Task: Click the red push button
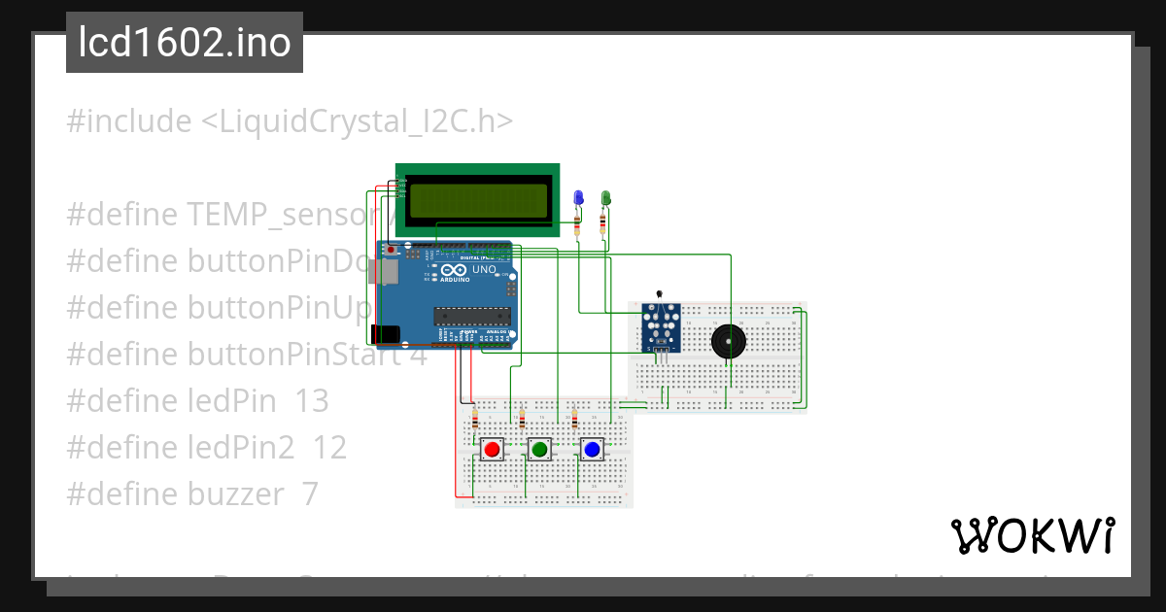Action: pyautogui.click(x=492, y=449)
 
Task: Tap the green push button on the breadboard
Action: pyautogui.click(x=539, y=449)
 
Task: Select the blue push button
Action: pyautogui.click(x=591, y=449)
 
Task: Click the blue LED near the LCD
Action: pyautogui.click(x=579, y=199)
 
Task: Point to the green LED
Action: pyautogui.click(x=605, y=199)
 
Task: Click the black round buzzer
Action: pyautogui.click(x=728, y=341)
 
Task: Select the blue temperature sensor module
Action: pyautogui.click(x=661, y=326)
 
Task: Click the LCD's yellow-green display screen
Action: pyautogui.click(x=477, y=200)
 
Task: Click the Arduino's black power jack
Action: pyautogui.click(x=386, y=333)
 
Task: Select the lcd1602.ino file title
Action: pyautogui.click(x=185, y=43)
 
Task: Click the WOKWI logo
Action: pyautogui.click(x=1032, y=535)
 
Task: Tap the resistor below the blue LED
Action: pyautogui.click(x=579, y=225)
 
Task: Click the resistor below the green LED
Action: pyautogui.click(x=604, y=224)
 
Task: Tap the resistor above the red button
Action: pyautogui.click(x=474, y=421)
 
